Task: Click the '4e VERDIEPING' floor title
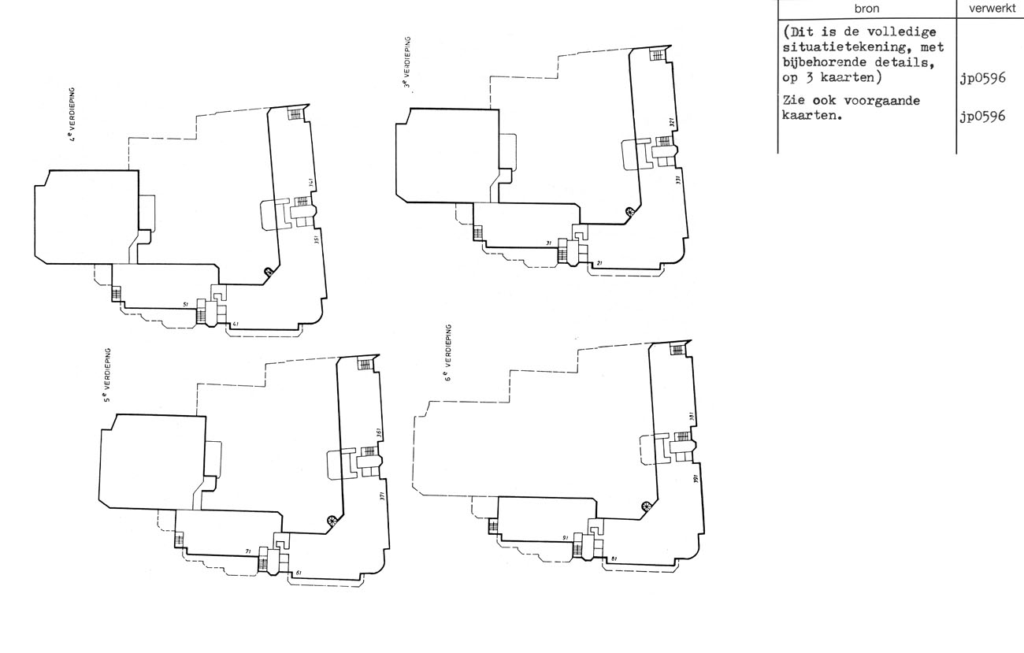tap(72, 118)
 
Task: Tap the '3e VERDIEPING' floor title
tap(406, 62)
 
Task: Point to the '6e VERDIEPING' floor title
tap(447, 353)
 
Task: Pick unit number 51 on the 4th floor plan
tap(185, 304)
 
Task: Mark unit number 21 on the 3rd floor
tap(599, 263)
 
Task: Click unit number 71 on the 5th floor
tap(248, 552)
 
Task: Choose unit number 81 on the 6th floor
tap(614, 558)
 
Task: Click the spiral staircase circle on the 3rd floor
tap(629, 210)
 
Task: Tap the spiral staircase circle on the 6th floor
tap(647, 506)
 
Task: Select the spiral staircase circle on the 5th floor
tap(332, 520)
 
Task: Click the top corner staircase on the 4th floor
tap(295, 113)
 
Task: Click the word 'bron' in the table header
tap(866, 9)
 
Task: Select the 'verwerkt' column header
tap(989, 9)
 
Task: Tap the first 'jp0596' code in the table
tap(982, 78)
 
